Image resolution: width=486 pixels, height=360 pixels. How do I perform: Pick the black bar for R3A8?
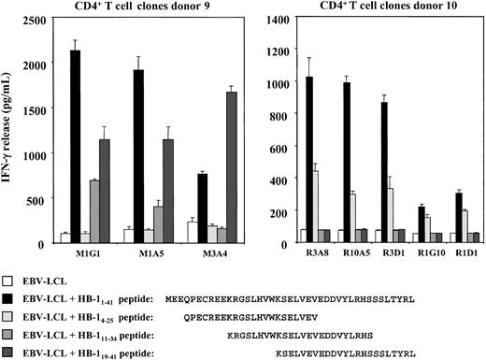pyautogui.click(x=309, y=159)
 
